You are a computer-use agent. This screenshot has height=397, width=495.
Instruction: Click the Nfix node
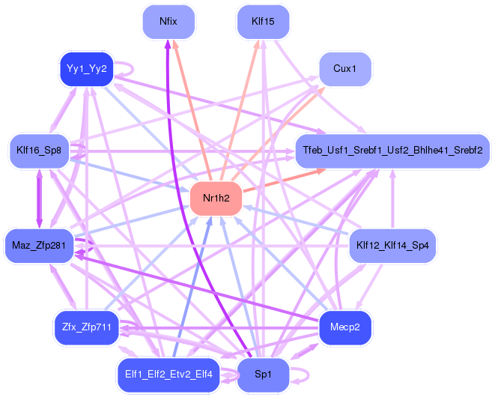click(x=168, y=21)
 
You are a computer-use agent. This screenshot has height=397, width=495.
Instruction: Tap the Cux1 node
click(x=345, y=70)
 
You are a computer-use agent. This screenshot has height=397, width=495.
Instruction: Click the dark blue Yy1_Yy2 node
click(x=86, y=70)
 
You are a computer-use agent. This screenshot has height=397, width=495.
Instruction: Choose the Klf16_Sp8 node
click(x=39, y=151)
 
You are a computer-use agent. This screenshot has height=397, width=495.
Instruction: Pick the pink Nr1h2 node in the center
click(x=216, y=198)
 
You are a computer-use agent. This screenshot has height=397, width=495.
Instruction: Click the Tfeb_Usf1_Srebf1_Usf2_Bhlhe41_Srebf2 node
click(x=392, y=151)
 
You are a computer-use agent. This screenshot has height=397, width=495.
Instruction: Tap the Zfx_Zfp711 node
click(x=86, y=327)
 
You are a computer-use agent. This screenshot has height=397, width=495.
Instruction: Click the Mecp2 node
click(x=345, y=327)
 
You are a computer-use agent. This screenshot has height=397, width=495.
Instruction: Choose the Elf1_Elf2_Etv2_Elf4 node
click(x=168, y=374)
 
